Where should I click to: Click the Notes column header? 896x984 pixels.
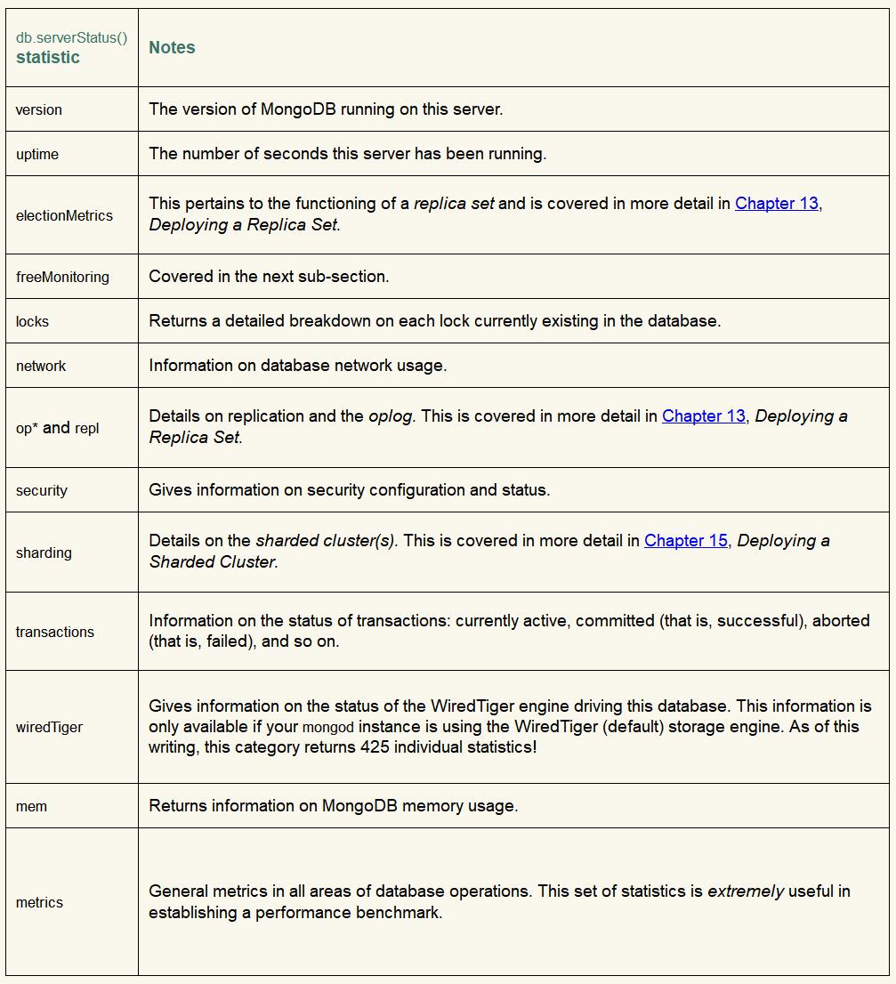(172, 48)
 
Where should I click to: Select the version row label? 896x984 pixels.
(39, 110)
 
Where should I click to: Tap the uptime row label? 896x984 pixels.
(37, 155)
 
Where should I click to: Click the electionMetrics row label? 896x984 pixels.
(64, 215)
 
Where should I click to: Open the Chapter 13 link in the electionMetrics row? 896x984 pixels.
(776, 204)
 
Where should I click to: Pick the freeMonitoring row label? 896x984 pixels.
(62, 278)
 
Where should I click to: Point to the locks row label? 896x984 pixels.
(32, 322)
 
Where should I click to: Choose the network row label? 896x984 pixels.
(41, 367)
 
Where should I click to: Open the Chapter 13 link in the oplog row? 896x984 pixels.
(703, 416)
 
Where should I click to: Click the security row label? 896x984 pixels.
(41, 491)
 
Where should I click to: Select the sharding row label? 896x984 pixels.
(44, 553)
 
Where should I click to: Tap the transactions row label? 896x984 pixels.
(54, 633)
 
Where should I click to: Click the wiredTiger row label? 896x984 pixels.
(49, 728)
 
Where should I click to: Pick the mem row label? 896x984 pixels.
(31, 807)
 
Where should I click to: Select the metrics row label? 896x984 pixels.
(39, 903)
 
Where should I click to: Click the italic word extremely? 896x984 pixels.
(745, 891)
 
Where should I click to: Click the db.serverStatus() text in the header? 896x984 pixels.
(71, 38)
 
